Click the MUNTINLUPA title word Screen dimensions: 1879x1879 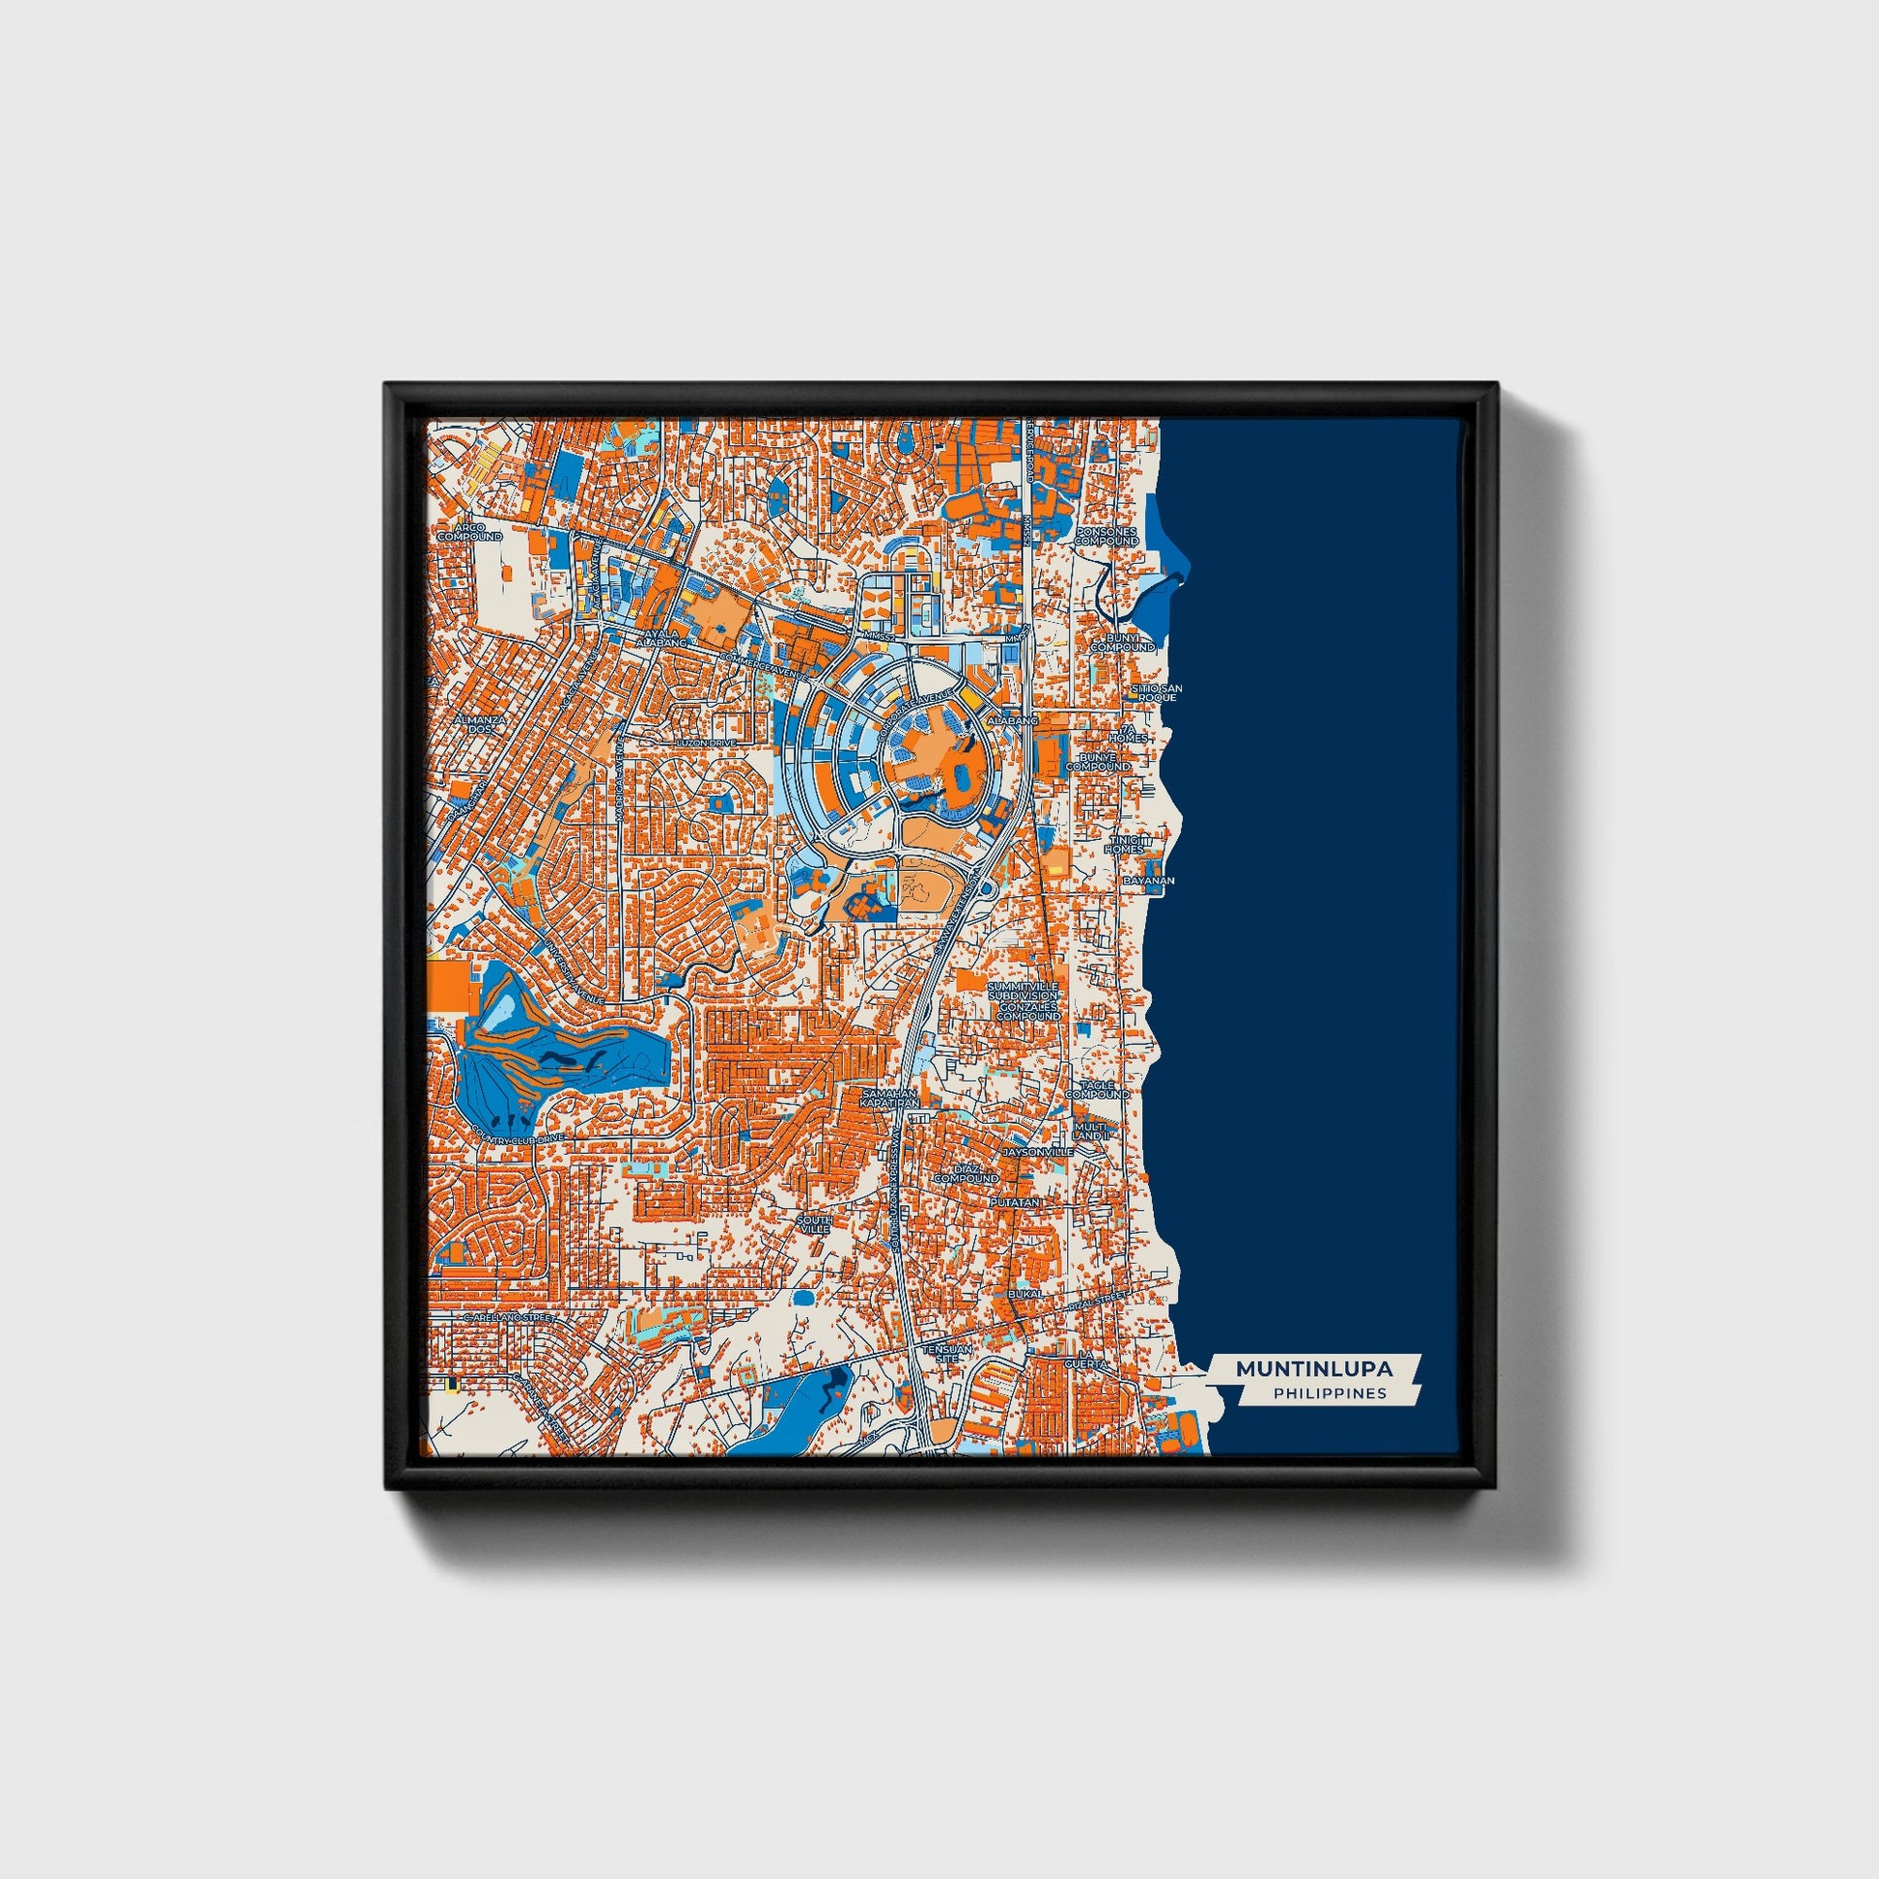pos(1314,1368)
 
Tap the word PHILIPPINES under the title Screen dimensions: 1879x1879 pos(1330,1393)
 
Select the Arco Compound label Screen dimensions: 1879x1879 pos(468,532)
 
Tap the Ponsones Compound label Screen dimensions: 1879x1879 pos(1106,537)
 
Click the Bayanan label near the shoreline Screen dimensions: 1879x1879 pos(1149,881)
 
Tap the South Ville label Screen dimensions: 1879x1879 pos(815,1224)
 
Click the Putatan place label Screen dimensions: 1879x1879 pos(1016,1203)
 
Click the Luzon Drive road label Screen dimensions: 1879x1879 pos(705,743)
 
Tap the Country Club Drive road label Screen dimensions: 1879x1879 pos(518,1134)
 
